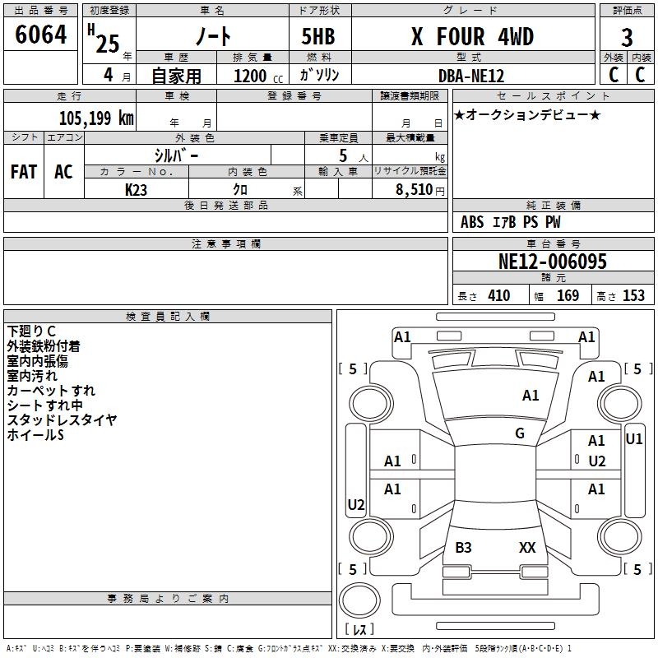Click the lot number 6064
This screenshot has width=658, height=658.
[x=40, y=35]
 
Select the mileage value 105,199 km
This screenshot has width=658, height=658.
[x=96, y=118]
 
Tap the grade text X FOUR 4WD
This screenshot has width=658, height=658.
[x=472, y=36]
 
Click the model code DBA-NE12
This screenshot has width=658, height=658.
[x=471, y=76]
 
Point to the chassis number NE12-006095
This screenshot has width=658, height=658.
[x=553, y=262]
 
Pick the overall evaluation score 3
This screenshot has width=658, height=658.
[x=627, y=38]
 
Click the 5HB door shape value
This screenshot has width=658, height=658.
[x=318, y=36]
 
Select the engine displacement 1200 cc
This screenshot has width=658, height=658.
[x=258, y=76]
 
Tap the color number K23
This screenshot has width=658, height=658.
[x=136, y=190]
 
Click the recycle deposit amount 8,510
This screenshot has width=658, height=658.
[x=415, y=190]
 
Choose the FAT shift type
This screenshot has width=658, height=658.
[x=24, y=172]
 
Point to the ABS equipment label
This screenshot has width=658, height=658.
[x=472, y=222]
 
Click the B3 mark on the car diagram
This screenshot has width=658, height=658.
[x=463, y=547]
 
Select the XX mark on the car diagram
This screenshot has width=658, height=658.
[x=527, y=547]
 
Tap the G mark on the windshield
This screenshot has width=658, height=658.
[x=520, y=433]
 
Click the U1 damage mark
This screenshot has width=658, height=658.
[x=634, y=439]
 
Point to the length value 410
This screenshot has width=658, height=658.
[x=499, y=295]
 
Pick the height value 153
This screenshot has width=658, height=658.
[x=633, y=295]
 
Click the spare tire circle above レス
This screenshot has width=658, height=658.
[x=359, y=600]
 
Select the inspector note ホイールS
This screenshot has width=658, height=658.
[x=35, y=435]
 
